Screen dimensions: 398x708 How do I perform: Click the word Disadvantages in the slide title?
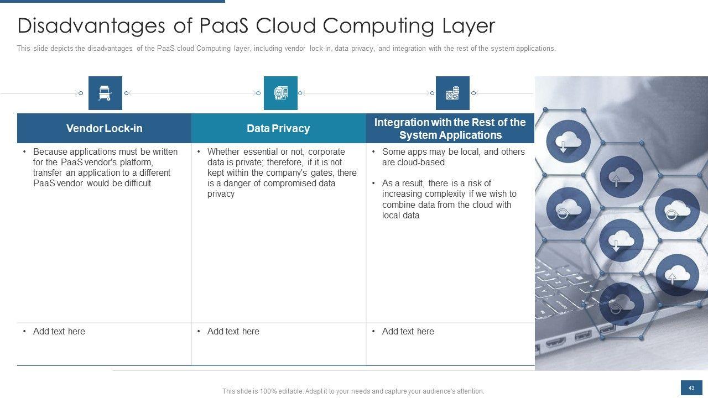pyautogui.click(x=80, y=26)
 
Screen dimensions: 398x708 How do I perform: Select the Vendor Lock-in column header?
pyautogui.click(x=104, y=128)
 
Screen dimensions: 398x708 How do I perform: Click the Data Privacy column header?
pyautogui.click(x=278, y=128)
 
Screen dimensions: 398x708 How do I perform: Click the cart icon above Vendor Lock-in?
pyautogui.click(x=105, y=93)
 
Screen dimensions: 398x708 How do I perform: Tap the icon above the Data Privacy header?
pyautogui.click(x=280, y=93)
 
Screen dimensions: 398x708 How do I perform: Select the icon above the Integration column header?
pyautogui.click(x=452, y=93)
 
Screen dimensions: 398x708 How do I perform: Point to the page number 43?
pyautogui.click(x=691, y=388)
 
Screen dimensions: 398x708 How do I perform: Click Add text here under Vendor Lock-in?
pyautogui.click(x=59, y=331)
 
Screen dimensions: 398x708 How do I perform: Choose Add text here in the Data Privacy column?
pyautogui.click(x=233, y=331)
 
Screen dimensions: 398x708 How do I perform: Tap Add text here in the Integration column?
pyautogui.click(x=408, y=331)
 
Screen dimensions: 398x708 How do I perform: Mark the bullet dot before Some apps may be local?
pyautogui.click(x=374, y=151)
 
